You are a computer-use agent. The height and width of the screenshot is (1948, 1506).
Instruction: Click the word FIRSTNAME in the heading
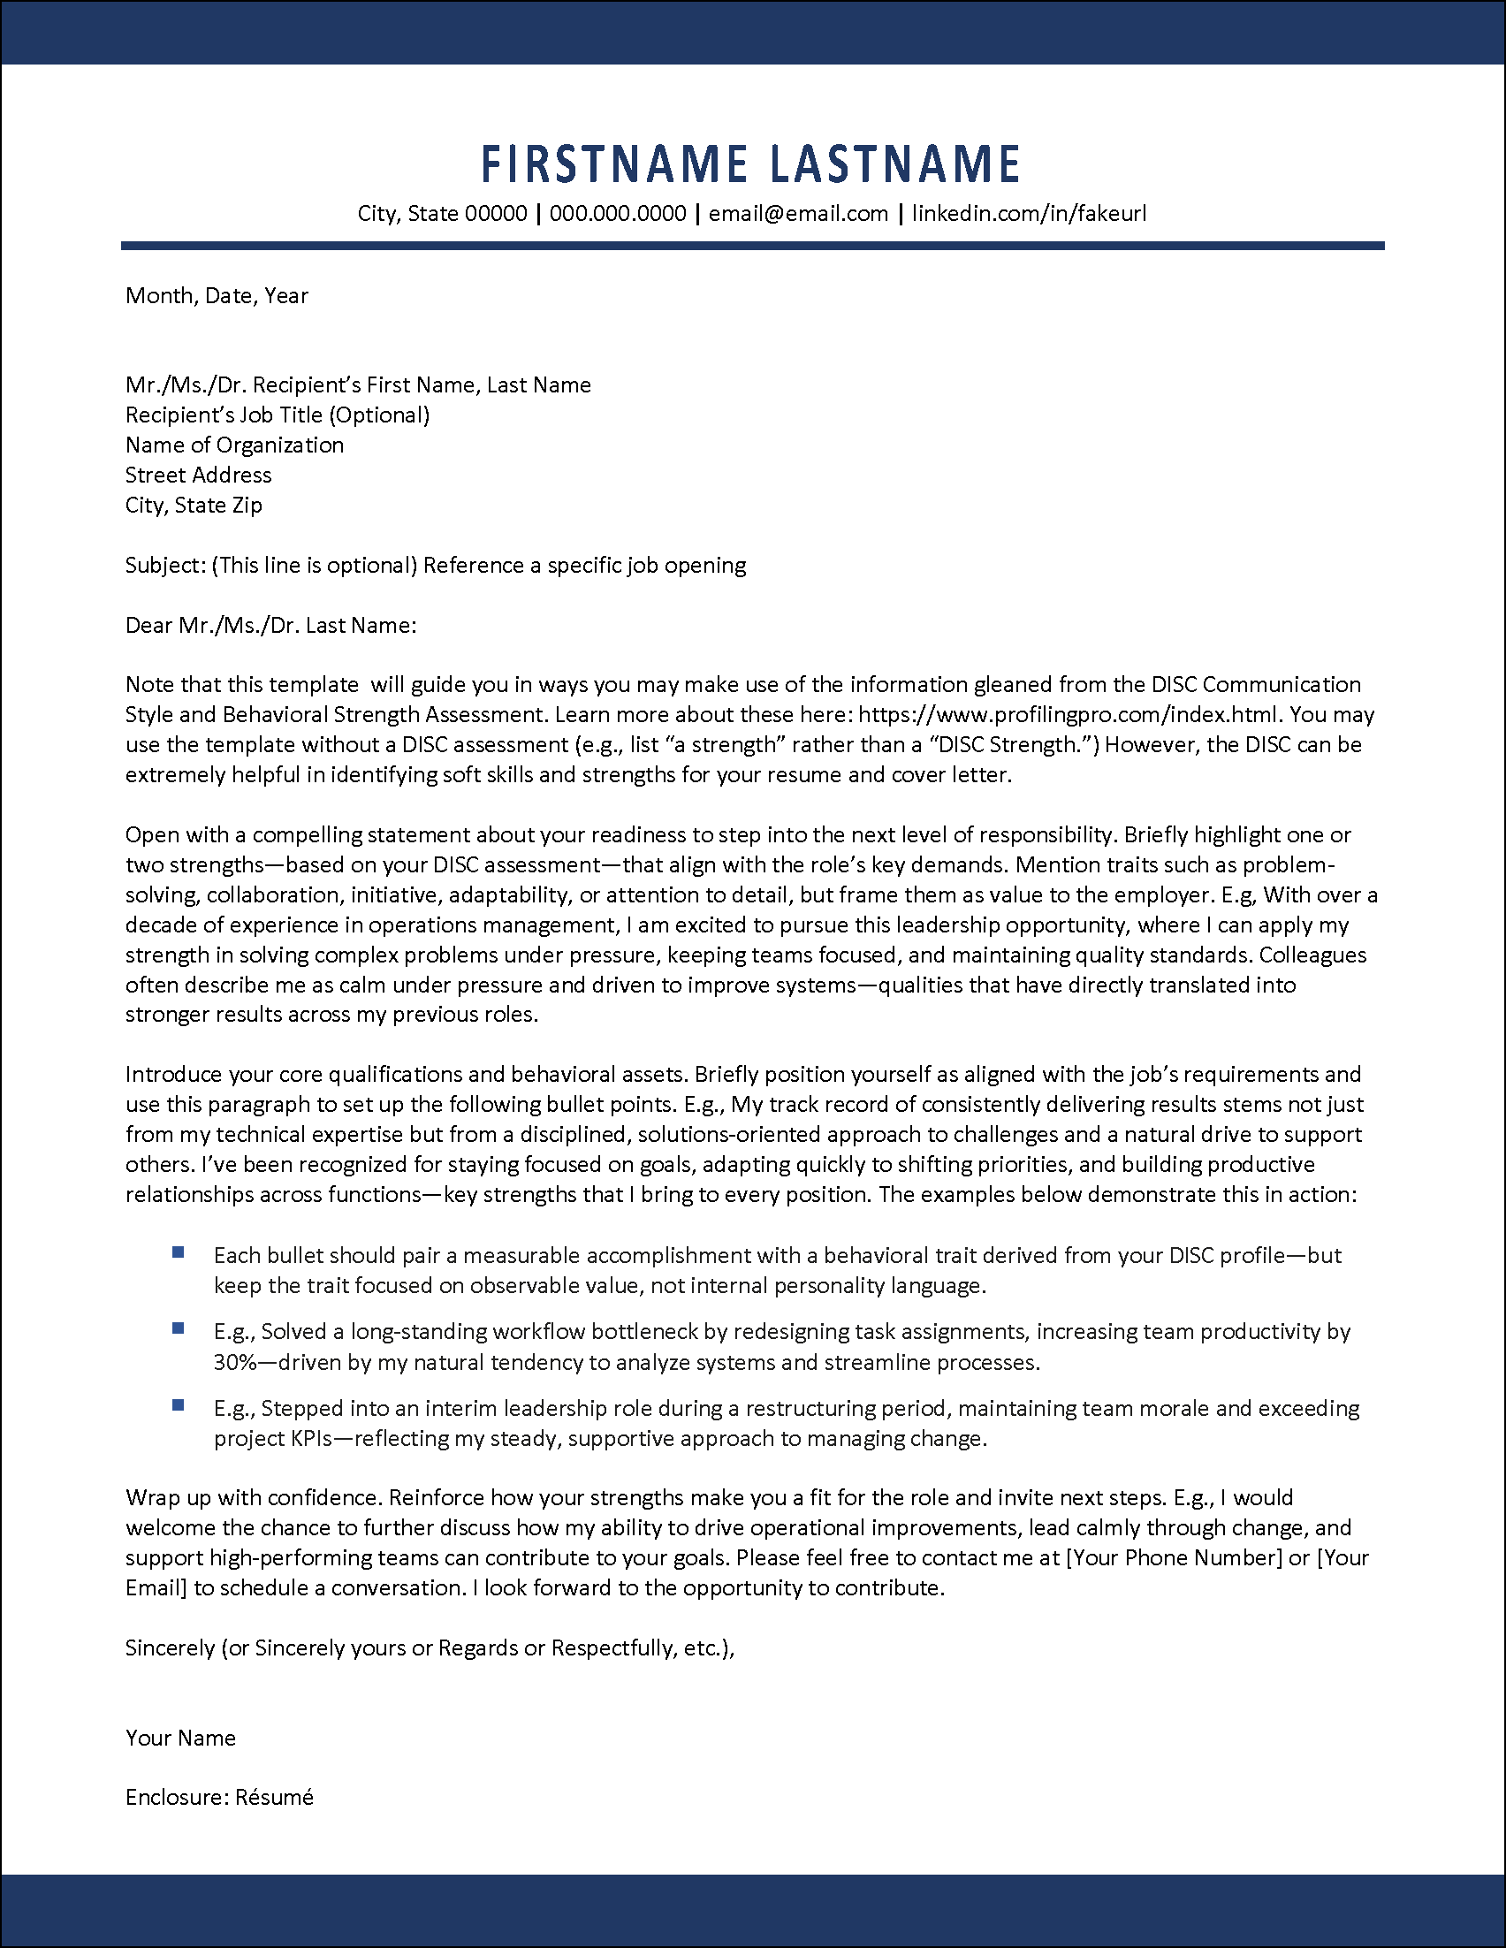pos(613,165)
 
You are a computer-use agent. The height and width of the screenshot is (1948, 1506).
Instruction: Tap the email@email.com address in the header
pos(798,214)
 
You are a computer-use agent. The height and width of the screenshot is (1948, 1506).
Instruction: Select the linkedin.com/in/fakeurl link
pos(1028,214)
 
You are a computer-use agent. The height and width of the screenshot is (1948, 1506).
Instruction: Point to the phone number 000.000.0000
pos(617,214)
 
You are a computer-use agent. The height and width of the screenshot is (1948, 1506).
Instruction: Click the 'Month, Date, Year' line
pos(217,296)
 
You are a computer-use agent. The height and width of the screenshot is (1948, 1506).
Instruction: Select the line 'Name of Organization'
pos(234,445)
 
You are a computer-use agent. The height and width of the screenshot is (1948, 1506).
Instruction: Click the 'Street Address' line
pos(198,476)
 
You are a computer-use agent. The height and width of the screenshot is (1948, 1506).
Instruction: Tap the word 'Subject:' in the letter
pos(165,566)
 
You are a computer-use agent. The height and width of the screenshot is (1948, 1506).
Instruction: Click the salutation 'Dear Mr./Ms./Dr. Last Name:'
pos(271,625)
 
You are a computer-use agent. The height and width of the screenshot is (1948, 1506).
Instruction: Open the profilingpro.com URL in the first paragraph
pos(1069,714)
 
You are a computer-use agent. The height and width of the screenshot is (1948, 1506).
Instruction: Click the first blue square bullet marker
pos(179,1253)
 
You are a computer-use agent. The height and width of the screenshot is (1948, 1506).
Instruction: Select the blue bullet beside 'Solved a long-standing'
pos(179,1329)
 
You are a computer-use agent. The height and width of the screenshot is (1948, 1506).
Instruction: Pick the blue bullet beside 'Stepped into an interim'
pos(179,1405)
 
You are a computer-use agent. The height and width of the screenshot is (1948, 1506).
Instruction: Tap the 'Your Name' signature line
pos(180,1738)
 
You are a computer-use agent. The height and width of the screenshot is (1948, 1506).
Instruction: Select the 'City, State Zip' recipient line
pos(194,506)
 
